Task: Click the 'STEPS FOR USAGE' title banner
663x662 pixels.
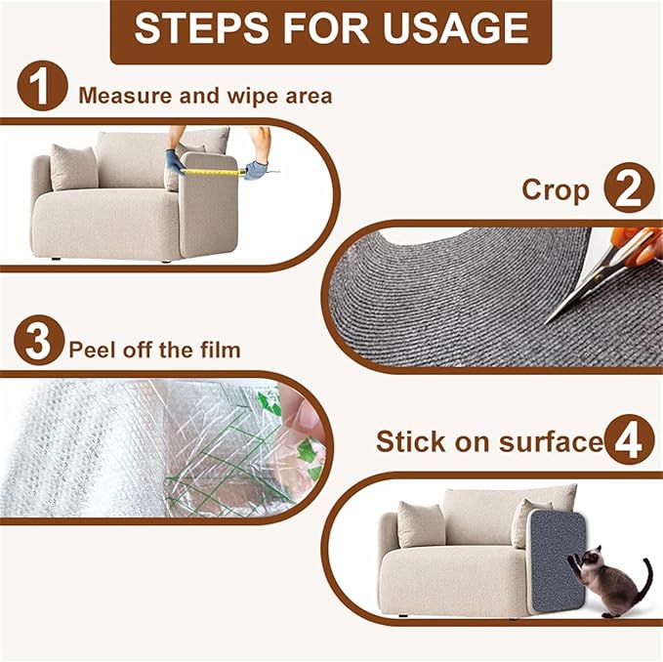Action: click(331, 29)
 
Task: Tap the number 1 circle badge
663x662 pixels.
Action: click(41, 91)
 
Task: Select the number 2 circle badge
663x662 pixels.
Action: click(628, 188)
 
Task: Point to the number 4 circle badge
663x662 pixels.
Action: click(628, 441)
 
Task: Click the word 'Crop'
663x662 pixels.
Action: click(557, 189)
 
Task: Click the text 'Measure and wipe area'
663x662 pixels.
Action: click(205, 96)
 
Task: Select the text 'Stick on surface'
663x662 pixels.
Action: click(488, 442)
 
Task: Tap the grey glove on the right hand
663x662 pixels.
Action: click(255, 170)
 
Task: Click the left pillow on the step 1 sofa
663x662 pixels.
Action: click(74, 167)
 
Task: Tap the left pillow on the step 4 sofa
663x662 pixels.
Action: click(421, 524)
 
